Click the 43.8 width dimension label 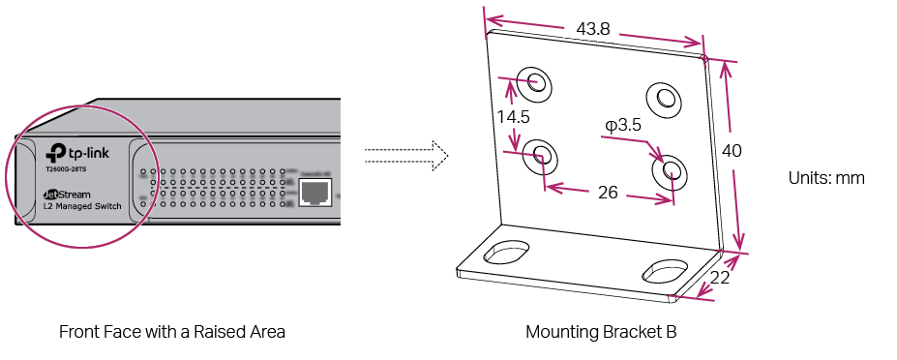pyautogui.click(x=593, y=29)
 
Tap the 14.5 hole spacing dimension pyautogui.click(x=512, y=116)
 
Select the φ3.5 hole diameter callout pyautogui.click(x=624, y=125)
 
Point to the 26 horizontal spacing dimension pyautogui.click(x=608, y=193)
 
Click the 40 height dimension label pyautogui.click(x=732, y=151)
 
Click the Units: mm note pyautogui.click(x=826, y=178)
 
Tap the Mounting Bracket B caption pyautogui.click(x=601, y=332)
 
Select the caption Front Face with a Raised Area pyautogui.click(x=172, y=332)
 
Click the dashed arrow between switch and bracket pyautogui.click(x=407, y=153)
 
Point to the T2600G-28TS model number pyautogui.click(x=66, y=169)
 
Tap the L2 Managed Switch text pyautogui.click(x=81, y=207)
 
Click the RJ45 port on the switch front pyautogui.click(x=314, y=194)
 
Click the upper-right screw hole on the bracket pyautogui.click(x=665, y=97)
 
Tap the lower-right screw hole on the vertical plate pyautogui.click(x=669, y=172)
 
